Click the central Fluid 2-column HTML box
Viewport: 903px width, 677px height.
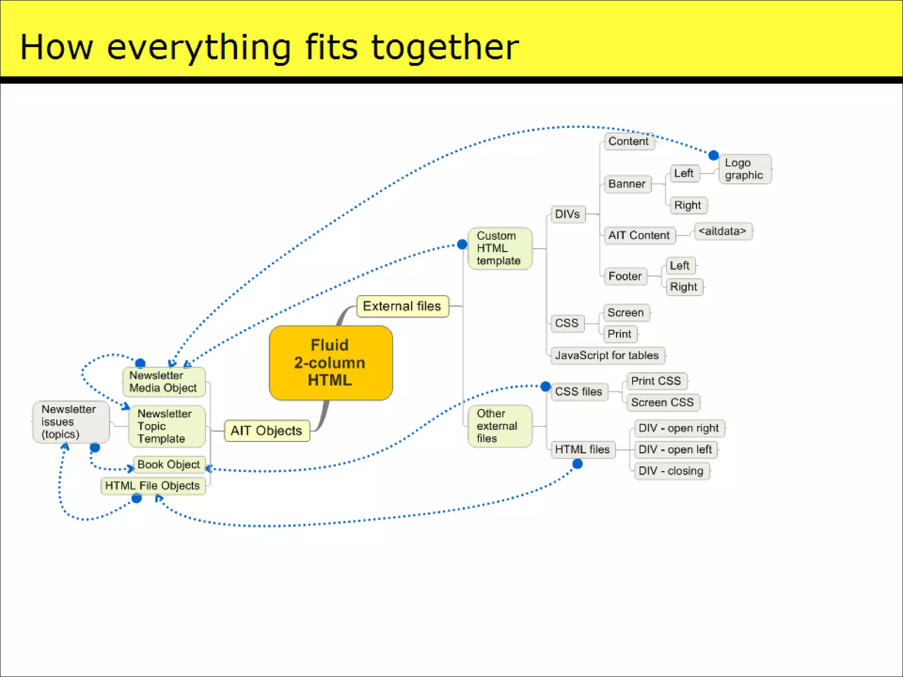tap(331, 363)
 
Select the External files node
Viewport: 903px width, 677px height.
tap(402, 306)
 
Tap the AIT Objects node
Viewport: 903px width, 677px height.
tap(266, 431)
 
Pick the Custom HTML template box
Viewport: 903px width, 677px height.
tap(499, 248)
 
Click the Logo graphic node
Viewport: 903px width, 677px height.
tap(745, 169)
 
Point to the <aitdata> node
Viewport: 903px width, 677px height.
tap(723, 231)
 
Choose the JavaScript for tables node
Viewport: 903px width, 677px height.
tap(607, 355)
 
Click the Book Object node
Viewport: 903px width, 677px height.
tap(169, 465)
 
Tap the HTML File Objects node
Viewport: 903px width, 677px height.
tap(153, 486)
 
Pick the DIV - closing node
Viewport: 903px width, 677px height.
tap(671, 471)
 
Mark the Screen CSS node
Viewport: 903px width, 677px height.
tap(662, 402)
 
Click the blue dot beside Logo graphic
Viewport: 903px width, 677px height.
tap(713, 155)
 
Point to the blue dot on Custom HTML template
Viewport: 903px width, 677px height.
tap(462, 244)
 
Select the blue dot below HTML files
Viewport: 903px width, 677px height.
tap(578, 464)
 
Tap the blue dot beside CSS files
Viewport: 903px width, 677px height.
tap(545, 387)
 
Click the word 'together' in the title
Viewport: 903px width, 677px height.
tap(445, 47)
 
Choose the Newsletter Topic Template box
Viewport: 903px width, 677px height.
tap(166, 426)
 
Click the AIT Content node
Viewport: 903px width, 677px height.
tap(639, 235)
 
